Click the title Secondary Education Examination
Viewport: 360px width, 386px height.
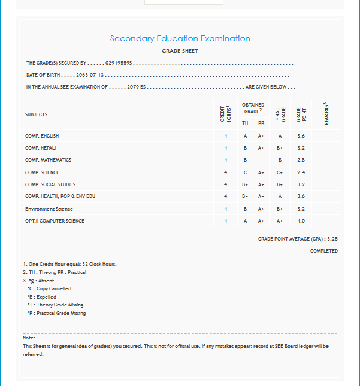pos(180,39)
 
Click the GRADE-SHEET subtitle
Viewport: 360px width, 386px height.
pos(180,51)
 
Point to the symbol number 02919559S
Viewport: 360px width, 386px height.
pos(119,63)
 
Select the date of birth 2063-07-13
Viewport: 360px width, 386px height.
pos(90,75)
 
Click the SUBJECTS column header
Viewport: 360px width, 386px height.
pos(36,114)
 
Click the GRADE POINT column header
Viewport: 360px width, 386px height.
pos(301,114)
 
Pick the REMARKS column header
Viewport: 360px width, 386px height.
pos(326,114)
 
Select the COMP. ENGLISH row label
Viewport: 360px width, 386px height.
pos(42,136)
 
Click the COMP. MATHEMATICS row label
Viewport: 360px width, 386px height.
pos(48,160)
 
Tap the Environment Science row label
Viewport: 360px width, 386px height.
pos(49,209)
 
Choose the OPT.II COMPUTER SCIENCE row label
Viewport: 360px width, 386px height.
pos(55,221)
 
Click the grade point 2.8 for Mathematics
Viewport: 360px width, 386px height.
pos(301,160)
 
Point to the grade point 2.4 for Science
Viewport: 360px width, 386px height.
pos(301,172)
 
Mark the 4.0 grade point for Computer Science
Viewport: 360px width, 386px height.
pos(301,221)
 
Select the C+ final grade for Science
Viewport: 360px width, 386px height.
pos(279,172)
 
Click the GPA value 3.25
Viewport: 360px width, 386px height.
pos(332,239)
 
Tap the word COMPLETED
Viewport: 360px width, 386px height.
pos(324,251)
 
